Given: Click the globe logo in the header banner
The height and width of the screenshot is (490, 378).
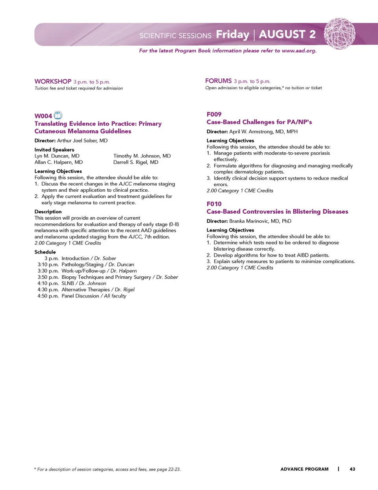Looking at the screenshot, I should (x=339, y=34).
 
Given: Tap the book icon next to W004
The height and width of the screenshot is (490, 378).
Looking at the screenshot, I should (x=58, y=115).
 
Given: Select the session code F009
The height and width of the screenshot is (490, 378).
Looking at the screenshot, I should (x=214, y=115).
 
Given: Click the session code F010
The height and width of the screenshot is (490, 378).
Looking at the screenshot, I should (x=214, y=204).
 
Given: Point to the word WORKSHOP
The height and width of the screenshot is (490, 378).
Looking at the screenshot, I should (x=53, y=81).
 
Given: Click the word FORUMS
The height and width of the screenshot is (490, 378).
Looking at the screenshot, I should (x=219, y=81).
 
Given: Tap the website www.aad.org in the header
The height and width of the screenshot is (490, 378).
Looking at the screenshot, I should (x=299, y=51).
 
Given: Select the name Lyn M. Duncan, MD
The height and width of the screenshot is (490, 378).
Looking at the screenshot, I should (x=57, y=156).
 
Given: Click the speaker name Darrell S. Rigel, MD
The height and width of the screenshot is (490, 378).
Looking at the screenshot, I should (x=136, y=162).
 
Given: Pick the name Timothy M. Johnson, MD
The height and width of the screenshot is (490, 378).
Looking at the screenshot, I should (x=142, y=156).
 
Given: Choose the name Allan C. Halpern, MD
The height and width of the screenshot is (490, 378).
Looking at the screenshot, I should (x=59, y=162).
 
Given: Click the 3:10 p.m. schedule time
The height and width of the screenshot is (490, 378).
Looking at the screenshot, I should (x=48, y=264).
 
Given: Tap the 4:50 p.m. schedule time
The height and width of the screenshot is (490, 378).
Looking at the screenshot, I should (x=48, y=296).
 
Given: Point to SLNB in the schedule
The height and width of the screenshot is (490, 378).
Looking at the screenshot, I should (x=68, y=283).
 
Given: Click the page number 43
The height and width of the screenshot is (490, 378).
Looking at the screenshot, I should (x=352, y=469).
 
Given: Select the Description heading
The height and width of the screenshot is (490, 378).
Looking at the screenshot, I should (x=48, y=212).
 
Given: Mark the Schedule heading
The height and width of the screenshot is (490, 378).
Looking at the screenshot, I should (x=45, y=252).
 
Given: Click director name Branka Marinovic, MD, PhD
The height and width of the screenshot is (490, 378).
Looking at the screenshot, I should (x=260, y=221).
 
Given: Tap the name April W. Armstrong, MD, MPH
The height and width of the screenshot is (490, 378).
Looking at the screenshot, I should (x=263, y=131).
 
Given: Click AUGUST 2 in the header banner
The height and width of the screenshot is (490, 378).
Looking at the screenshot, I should (x=287, y=35).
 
